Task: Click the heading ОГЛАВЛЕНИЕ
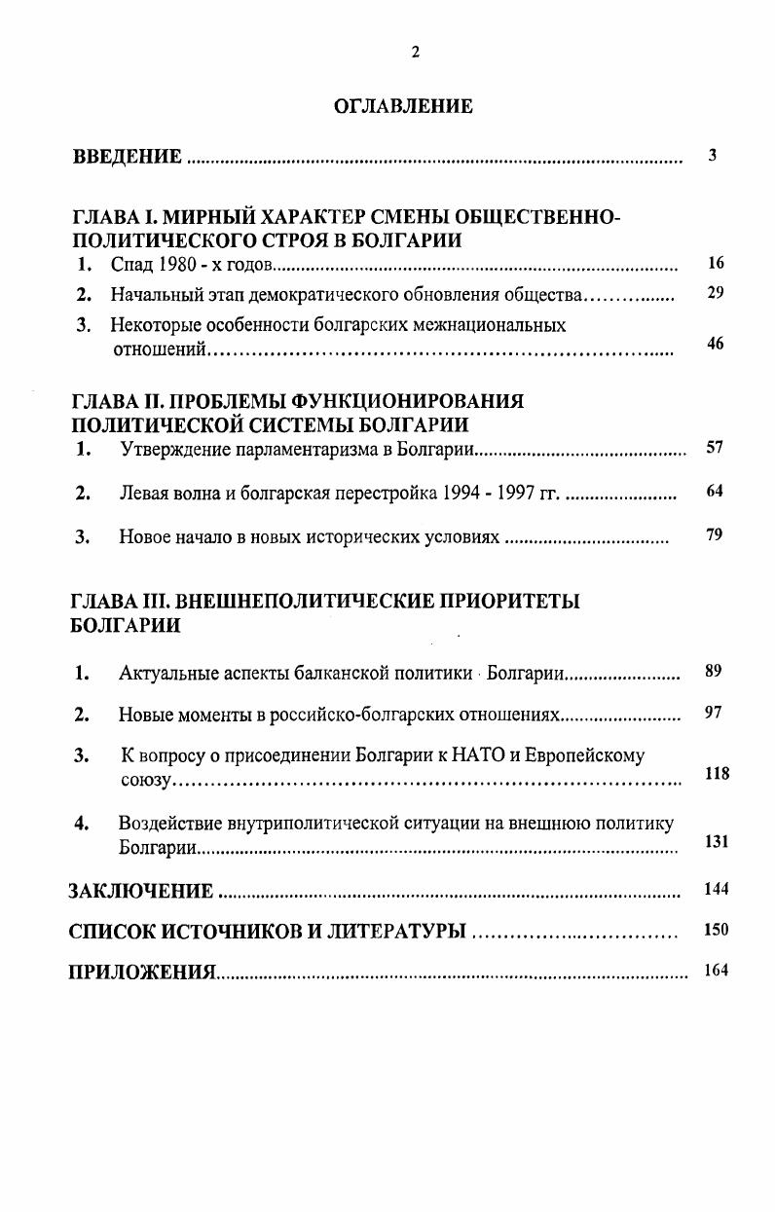(x=403, y=107)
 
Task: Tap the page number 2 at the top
(x=415, y=53)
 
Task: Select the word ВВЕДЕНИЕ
(x=128, y=157)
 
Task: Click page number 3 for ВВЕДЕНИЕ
(x=713, y=155)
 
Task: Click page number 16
(x=716, y=263)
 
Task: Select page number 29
(x=716, y=293)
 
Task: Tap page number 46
(x=716, y=344)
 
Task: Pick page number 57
(x=715, y=448)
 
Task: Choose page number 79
(x=715, y=534)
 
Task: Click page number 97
(x=714, y=714)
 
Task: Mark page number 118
(x=718, y=774)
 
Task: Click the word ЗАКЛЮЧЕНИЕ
(x=141, y=891)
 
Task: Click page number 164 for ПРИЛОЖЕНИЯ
(x=716, y=970)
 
